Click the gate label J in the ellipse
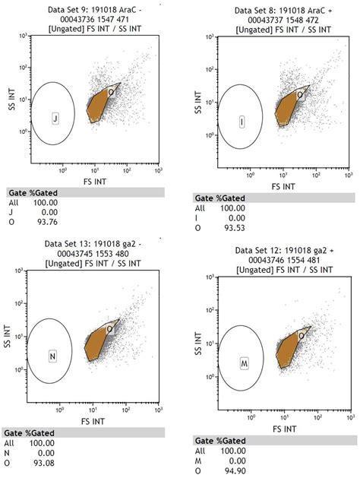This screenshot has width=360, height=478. click(x=55, y=119)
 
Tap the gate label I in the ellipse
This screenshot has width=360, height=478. click(x=242, y=122)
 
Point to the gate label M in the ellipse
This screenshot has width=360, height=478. click(x=246, y=360)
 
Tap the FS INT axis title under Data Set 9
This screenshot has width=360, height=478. click(x=93, y=182)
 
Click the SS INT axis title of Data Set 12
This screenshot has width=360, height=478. click(x=199, y=343)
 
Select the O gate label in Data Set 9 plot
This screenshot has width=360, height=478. click(x=110, y=92)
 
